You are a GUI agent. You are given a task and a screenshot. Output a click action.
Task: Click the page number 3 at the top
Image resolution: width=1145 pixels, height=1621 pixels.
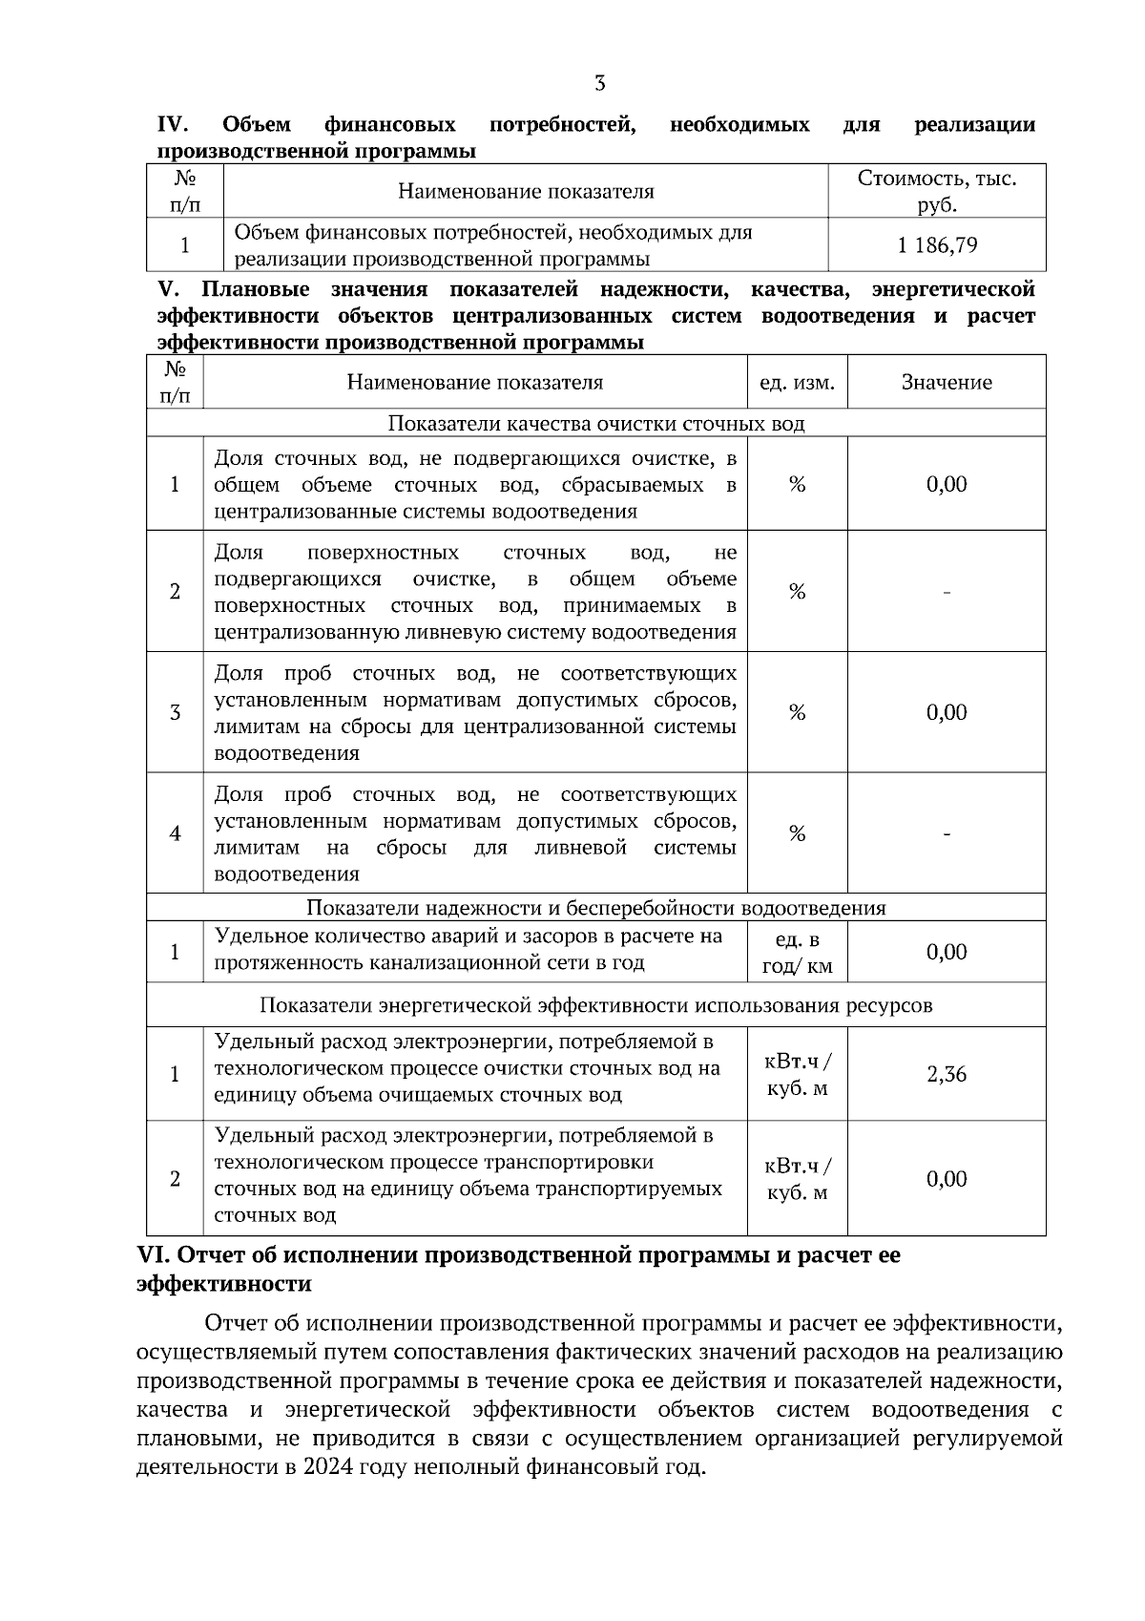(x=599, y=84)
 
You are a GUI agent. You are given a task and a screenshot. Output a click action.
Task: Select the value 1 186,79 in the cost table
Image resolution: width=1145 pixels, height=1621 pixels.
(x=937, y=245)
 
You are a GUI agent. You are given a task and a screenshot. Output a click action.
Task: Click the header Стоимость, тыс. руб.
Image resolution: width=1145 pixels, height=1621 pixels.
(x=937, y=191)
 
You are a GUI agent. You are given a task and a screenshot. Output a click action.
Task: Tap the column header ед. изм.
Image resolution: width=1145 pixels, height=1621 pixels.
(x=797, y=383)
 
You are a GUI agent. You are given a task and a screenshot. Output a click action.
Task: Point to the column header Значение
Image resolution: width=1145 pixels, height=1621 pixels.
(x=947, y=383)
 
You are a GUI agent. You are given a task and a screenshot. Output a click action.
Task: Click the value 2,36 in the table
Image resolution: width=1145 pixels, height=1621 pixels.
(x=947, y=1074)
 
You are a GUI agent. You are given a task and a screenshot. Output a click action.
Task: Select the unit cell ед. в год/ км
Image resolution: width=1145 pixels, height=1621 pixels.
(x=797, y=953)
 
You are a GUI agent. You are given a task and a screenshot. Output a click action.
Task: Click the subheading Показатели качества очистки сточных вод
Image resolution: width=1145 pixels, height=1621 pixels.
(x=596, y=424)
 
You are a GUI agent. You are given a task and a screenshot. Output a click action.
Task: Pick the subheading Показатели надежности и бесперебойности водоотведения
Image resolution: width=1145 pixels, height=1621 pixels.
(x=596, y=908)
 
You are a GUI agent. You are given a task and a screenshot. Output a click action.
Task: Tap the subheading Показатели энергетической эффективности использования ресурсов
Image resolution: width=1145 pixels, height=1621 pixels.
(x=596, y=1005)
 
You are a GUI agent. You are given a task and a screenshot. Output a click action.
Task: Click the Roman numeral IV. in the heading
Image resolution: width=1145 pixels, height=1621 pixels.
(x=174, y=125)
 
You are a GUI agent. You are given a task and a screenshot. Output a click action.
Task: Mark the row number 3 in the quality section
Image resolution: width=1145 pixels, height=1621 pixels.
(x=175, y=713)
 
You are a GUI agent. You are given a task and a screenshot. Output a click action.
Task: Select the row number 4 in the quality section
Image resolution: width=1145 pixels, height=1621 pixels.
(x=175, y=833)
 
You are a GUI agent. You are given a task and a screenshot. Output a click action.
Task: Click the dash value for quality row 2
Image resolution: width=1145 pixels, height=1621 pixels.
(x=947, y=593)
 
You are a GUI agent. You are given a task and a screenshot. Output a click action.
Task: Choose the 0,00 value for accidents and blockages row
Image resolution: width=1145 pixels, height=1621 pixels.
(x=947, y=952)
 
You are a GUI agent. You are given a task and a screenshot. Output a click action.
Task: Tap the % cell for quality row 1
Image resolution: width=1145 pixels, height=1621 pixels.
(x=797, y=485)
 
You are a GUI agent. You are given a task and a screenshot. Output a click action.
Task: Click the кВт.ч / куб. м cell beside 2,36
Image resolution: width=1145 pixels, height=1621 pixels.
(x=797, y=1074)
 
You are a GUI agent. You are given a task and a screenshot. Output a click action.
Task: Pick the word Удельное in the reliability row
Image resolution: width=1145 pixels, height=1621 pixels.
(x=256, y=937)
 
